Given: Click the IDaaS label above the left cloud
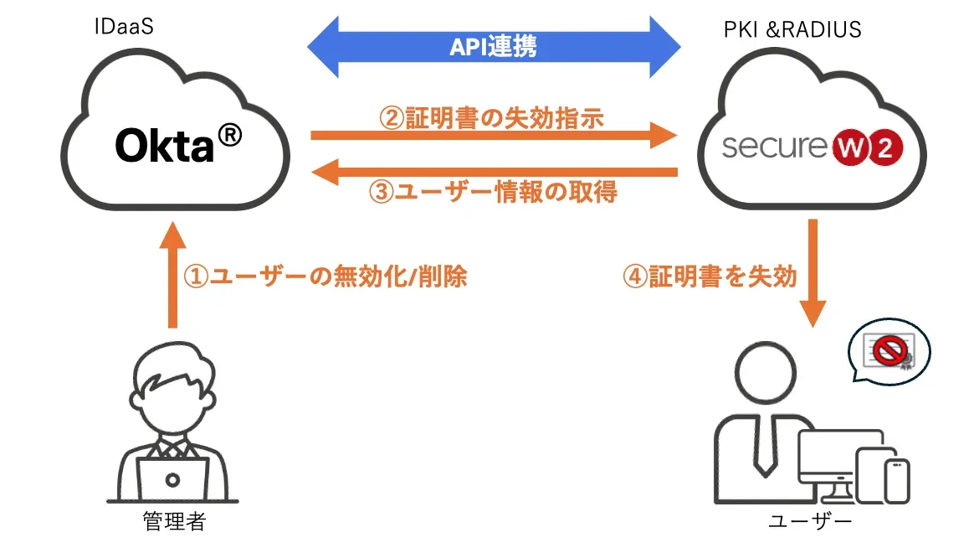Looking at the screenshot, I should click(x=123, y=28).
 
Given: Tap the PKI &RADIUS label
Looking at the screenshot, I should click(x=792, y=29).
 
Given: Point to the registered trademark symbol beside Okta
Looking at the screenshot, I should click(x=229, y=135).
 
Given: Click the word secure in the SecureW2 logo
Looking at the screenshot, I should click(x=774, y=147).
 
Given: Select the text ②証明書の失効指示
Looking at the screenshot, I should click(x=491, y=118).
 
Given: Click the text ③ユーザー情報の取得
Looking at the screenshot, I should click(x=494, y=192).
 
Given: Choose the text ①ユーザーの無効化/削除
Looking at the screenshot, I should click(x=325, y=277).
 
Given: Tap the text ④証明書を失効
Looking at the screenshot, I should click(x=710, y=277).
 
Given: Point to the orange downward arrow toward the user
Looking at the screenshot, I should click(x=813, y=272).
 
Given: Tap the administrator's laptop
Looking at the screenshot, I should click(x=173, y=479).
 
